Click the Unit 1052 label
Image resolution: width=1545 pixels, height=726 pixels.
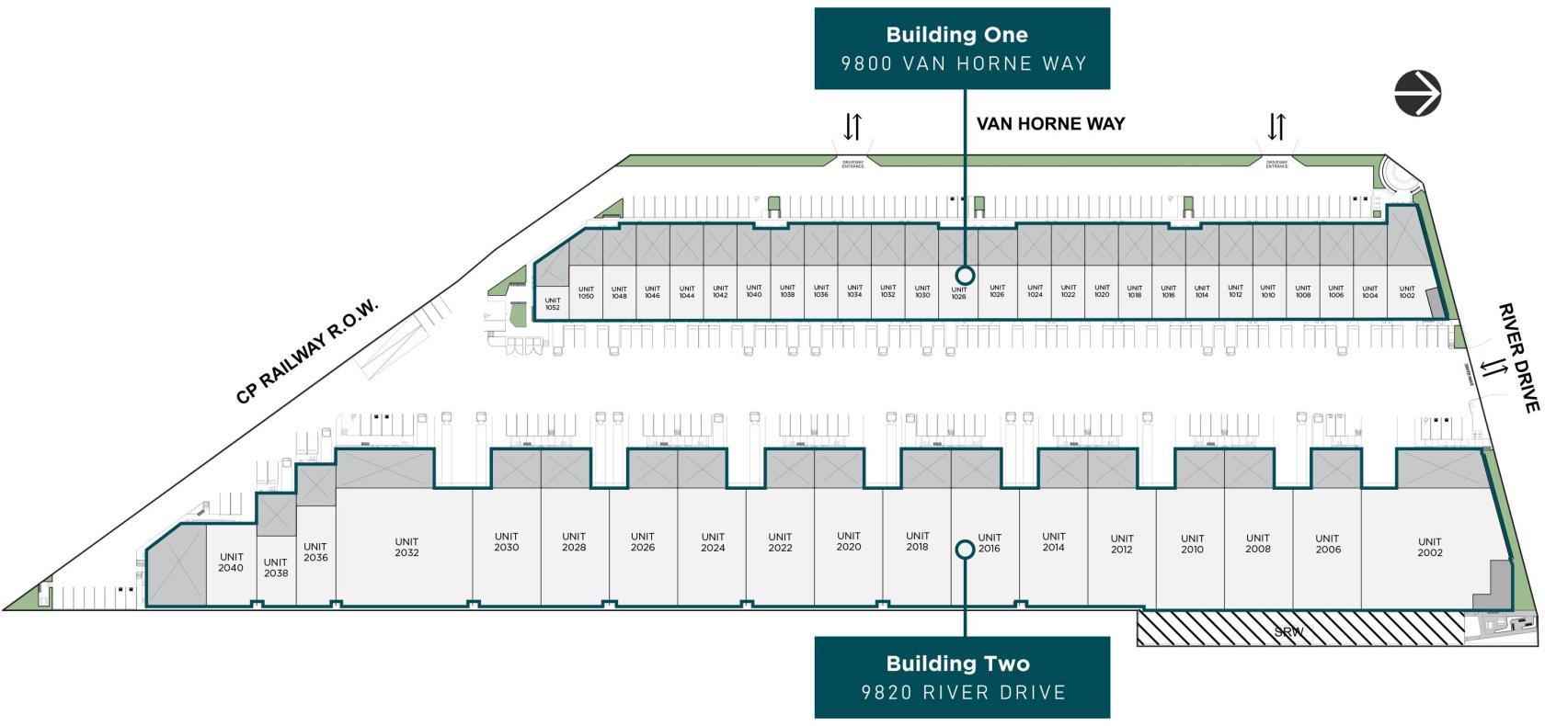tap(552, 304)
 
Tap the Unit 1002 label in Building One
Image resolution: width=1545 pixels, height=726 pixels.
tap(1406, 292)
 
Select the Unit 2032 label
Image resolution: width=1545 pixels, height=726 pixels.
tap(406, 547)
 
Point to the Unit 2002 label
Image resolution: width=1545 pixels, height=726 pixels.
tap(1429, 547)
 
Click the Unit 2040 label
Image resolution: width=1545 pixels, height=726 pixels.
tap(231, 562)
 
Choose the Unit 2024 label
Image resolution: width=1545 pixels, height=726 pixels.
tap(713, 542)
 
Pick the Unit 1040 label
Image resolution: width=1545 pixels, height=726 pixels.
tap(754, 291)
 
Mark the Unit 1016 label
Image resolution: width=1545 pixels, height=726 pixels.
tap(1168, 291)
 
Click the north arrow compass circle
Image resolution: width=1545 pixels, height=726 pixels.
tap(1417, 93)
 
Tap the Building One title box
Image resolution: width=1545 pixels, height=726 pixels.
tap(962, 49)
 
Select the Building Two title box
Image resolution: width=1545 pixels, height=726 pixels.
tap(962, 677)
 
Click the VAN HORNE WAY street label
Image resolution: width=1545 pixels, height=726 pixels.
tap(1050, 124)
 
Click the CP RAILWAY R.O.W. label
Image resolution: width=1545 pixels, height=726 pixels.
tap(307, 351)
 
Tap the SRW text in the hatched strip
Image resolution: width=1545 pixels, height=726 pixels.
tap(1288, 632)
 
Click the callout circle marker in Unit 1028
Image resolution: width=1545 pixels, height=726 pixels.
tap(964, 275)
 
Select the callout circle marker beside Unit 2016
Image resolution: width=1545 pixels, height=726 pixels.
tap(965, 550)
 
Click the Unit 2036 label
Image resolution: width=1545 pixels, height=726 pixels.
tap(315, 551)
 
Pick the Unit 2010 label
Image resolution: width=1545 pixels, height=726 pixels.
tap(1192, 544)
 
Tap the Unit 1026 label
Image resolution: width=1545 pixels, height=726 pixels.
tap(997, 291)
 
